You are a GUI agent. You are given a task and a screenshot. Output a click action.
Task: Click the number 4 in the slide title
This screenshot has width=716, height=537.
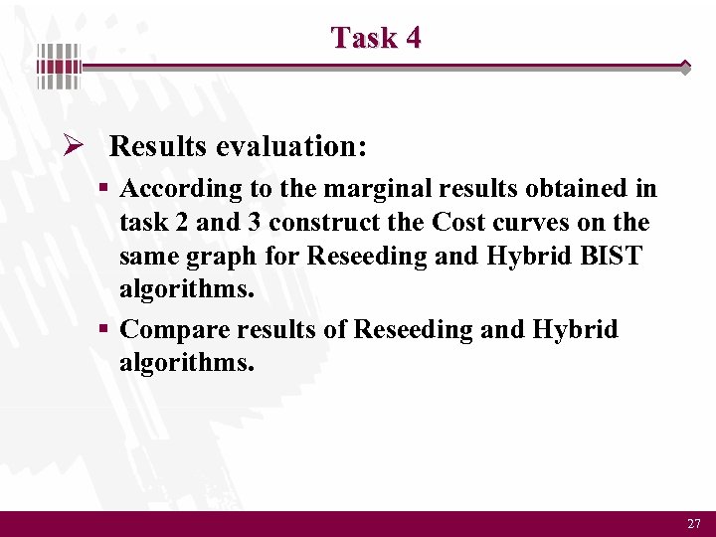pos(412,38)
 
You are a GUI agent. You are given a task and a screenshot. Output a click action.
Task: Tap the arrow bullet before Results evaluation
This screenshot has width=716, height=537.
pos(72,147)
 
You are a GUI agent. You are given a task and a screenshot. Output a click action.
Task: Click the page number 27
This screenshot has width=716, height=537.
pos(693,523)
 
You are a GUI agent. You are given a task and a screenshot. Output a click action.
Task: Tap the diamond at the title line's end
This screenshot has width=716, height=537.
pos(685,67)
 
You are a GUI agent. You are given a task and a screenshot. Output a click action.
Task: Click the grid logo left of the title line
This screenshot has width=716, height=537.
pos(59,68)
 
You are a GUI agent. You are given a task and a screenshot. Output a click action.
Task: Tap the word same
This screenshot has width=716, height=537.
pos(147,257)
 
